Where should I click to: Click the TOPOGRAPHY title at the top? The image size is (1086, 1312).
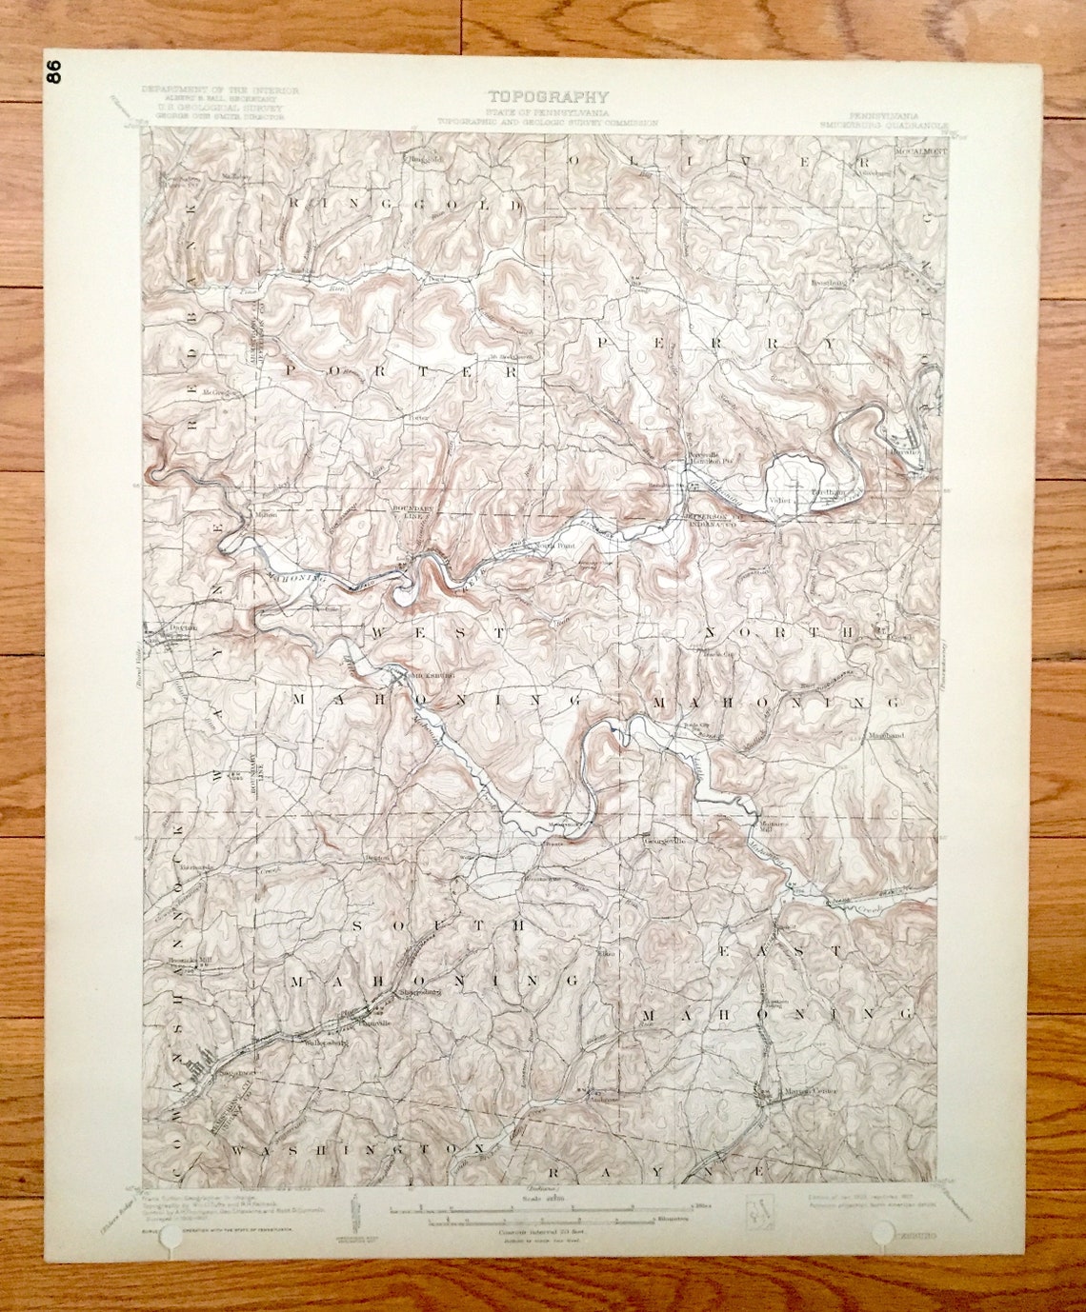click(548, 96)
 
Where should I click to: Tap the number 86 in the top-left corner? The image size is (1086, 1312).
click(54, 72)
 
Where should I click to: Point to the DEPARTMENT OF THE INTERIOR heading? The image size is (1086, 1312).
click(220, 90)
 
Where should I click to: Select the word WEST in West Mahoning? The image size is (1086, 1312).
click(438, 632)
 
